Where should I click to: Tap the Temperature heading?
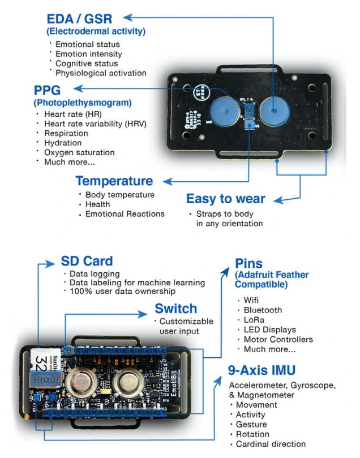pos(114,181)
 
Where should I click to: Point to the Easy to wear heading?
pos(225,199)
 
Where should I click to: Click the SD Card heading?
pos(87,262)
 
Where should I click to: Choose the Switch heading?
pos(175,309)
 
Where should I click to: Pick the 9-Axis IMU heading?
pos(262,371)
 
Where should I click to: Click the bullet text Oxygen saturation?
pos(79,152)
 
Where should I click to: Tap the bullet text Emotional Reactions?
pos(125,214)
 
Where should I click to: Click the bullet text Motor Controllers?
pos(278,339)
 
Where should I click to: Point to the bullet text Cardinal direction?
pos(271,443)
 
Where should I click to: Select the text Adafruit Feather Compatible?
pos(272,279)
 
